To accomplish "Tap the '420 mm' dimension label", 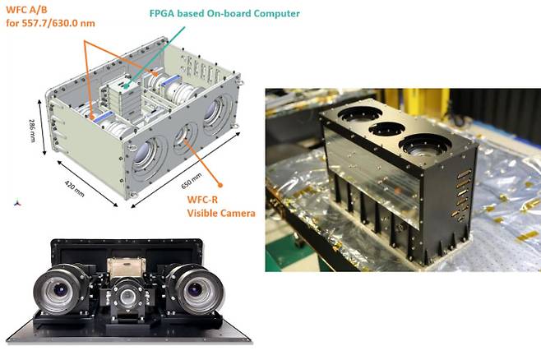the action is pyautogui.click(x=75, y=189).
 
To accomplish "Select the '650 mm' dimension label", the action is pyautogui.click(x=191, y=181).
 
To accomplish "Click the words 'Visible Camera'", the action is pyautogui.click(x=221, y=213).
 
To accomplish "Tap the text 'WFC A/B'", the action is pyautogui.click(x=26, y=10).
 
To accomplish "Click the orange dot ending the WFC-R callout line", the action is pyautogui.click(x=220, y=185).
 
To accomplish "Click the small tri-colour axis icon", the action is pyautogui.click(x=17, y=203).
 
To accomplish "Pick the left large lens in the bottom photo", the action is pyautogui.click(x=59, y=290).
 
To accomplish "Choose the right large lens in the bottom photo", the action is pyautogui.click(x=195, y=289).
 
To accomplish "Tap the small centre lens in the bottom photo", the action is pyautogui.click(x=127, y=296).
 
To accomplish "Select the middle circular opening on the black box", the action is pyautogui.click(x=386, y=128).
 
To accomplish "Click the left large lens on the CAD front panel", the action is pyautogui.click(x=144, y=155).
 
